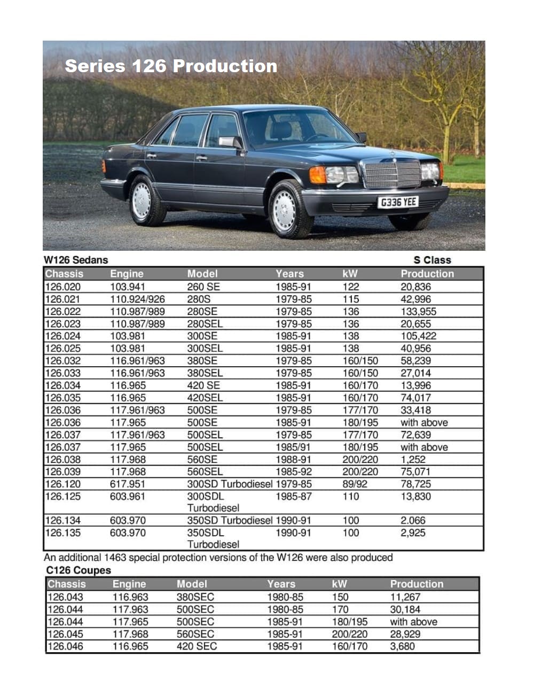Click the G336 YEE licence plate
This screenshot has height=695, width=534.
(398, 202)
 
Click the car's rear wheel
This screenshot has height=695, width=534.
(143, 200)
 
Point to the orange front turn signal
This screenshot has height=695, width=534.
(318, 175)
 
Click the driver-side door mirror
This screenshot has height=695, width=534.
(230, 142)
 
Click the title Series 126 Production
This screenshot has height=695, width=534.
(171, 66)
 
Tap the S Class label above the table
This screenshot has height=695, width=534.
(432, 260)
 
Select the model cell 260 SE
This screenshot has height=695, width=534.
(203, 287)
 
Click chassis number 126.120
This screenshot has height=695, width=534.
(63, 484)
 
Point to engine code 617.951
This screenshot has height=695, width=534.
(128, 484)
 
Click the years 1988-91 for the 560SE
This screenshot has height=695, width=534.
(294, 460)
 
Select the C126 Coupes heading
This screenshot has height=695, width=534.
(78, 570)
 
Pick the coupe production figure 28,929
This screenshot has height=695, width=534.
(405, 635)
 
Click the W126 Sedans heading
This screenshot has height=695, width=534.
(76, 260)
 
